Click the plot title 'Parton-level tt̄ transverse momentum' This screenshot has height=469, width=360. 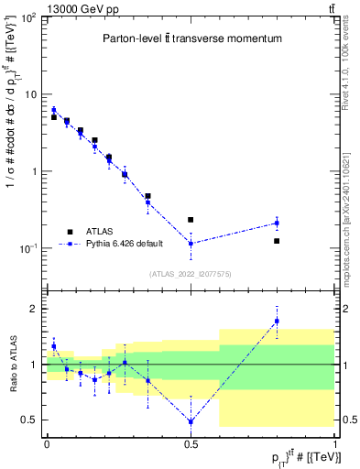(x=191, y=39)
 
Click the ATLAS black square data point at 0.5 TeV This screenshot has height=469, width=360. (x=191, y=220)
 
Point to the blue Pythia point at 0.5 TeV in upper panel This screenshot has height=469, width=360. (x=191, y=244)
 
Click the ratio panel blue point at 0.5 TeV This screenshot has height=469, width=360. (x=191, y=422)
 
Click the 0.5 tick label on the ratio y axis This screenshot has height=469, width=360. (x=30, y=420)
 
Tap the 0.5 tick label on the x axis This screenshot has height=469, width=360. (x=191, y=443)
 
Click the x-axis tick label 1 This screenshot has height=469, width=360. (x=334, y=443)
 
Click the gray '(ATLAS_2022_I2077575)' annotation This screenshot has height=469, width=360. (x=191, y=274)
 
